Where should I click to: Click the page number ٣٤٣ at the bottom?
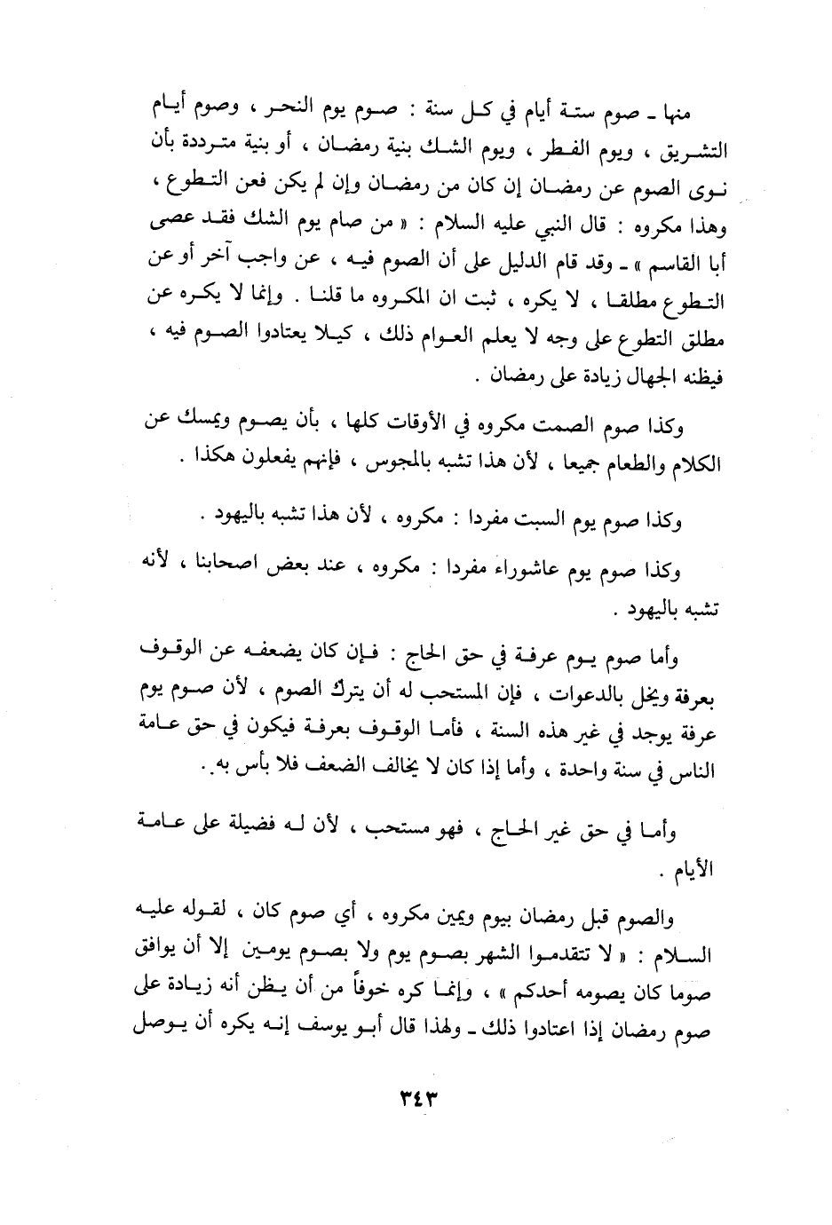[x=416, y=1101]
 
